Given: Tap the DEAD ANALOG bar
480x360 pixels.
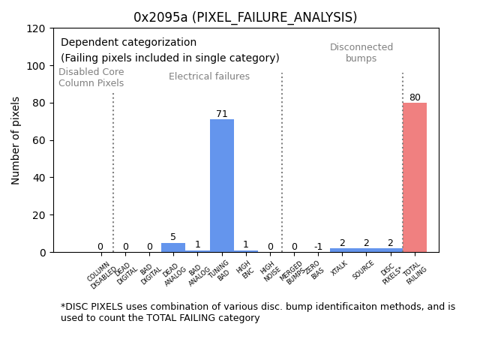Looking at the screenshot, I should tap(173, 247).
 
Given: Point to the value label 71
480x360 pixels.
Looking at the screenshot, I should tap(221, 114).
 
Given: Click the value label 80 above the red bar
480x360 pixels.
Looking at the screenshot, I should tap(414, 97).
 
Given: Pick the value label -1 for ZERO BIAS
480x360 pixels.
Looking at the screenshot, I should tap(318, 247).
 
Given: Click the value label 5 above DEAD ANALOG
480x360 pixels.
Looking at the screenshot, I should tap(173, 237).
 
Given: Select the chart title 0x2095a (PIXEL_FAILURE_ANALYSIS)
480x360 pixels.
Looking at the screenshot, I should tap(245, 17).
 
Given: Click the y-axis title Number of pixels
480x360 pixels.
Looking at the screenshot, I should tap(16, 140).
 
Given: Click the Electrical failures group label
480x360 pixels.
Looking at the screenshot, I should tap(209, 76).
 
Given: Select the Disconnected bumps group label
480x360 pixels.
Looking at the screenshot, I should tap(361, 52).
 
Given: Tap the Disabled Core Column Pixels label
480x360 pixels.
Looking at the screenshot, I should tap(91, 77).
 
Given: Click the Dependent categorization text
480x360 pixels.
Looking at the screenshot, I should tap(128, 43).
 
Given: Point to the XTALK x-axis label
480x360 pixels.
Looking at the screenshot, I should tap(340, 268).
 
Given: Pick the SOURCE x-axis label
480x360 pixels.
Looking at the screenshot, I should tap(363, 270).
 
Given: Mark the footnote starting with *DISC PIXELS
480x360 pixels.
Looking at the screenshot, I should tap(257, 312).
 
